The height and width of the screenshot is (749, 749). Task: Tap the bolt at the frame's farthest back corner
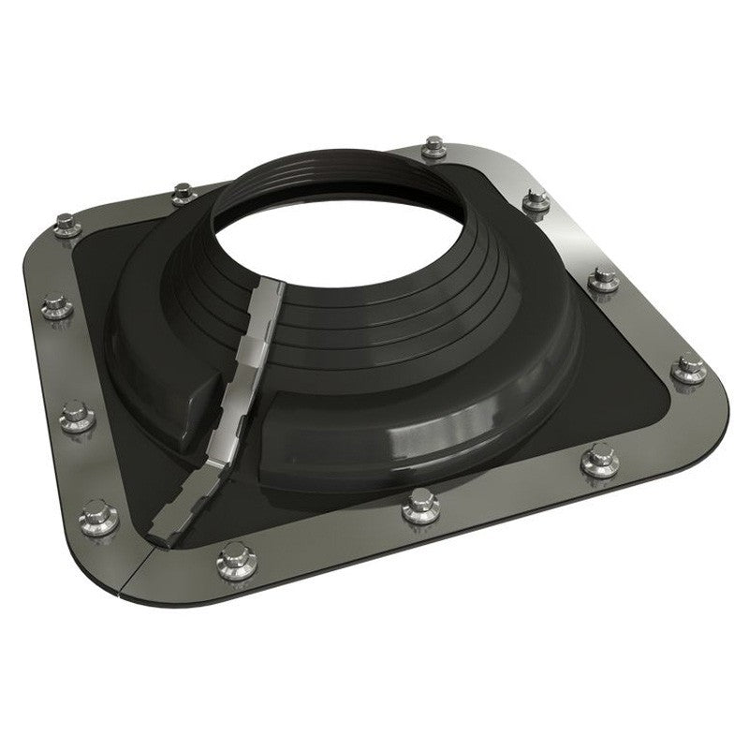coord(433,148)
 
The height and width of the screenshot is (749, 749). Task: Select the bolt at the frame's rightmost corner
coord(690,367)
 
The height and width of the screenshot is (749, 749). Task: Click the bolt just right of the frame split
coord(231,560)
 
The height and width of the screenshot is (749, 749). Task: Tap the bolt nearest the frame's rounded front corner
coord(99,515)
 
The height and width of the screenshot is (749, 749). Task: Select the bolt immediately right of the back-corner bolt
coord(536,199)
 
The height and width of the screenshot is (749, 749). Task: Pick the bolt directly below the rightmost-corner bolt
coord(599,461)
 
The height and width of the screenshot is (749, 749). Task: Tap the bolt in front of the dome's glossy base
coord(420,507)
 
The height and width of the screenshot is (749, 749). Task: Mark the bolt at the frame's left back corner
coord(66,225)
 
